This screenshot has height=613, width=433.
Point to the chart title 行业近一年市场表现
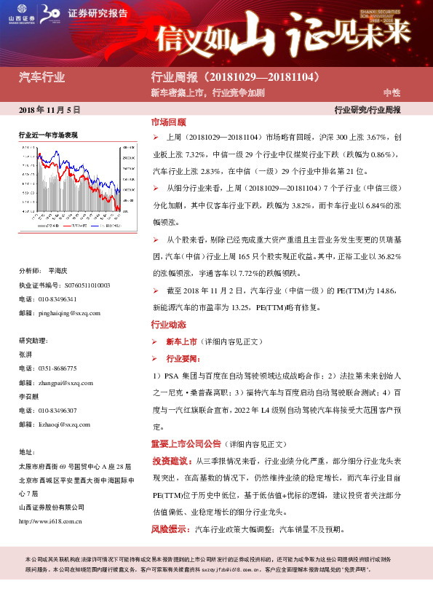click(48, 135)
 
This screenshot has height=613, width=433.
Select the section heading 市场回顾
click(168, 122)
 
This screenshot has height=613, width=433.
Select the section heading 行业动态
click(168, 324)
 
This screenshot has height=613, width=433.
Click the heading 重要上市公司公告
click(186, 443)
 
